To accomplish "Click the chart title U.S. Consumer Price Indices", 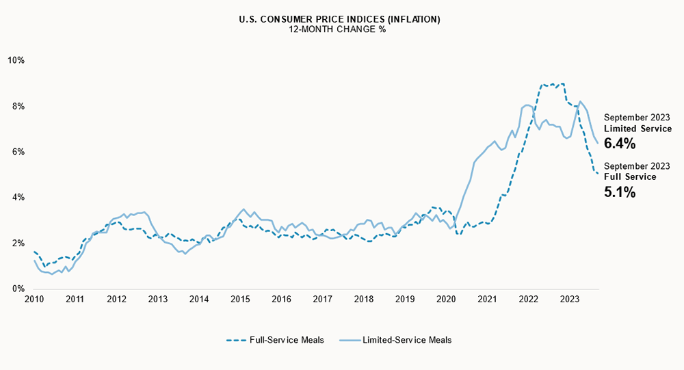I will pyautogui.click(x=339, y=19).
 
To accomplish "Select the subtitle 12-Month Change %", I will pyautogui.click(x=339, y=29).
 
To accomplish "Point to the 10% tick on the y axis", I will pyautogui.click(x=16, y=60).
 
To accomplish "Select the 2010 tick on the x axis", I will pyautogui.click(x=34, y=300).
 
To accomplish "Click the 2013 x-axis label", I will pyautogui.click(x=158, y=300).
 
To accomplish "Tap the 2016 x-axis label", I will pyautogui.click(x=281, y=300).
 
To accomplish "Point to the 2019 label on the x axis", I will pyautogui.click(x=405, y=300).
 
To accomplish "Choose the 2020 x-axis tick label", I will pyautogui.click(x=446, y=300).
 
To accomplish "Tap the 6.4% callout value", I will pyautogui.click(x=620, y=144).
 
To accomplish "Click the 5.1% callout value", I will pyautogui.click(x=620, y=192).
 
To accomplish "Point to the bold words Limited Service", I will pyautogui.click(x=637, y=129).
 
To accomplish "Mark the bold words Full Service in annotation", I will pyautogui.click(x=630, y=177).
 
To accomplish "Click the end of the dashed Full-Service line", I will pyautogui.click(x=598, y=173).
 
